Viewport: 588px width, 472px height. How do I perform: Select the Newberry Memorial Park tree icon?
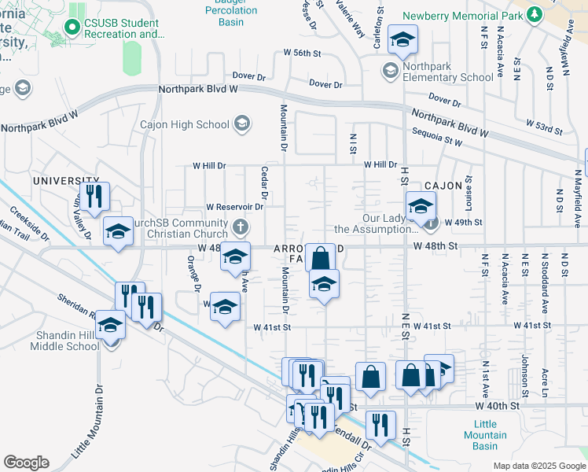(535, 15)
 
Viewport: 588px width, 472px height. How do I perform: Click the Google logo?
(26, 463)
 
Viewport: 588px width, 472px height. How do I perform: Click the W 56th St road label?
(303, 53)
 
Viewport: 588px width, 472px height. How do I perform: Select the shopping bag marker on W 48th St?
(320, 257)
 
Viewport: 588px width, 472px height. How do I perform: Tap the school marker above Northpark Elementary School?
(402, 41)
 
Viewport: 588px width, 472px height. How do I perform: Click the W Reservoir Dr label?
(233, 207)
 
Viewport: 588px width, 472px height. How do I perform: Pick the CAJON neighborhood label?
(441, 186)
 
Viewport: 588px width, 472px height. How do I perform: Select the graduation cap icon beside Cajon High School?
(242, 124)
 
